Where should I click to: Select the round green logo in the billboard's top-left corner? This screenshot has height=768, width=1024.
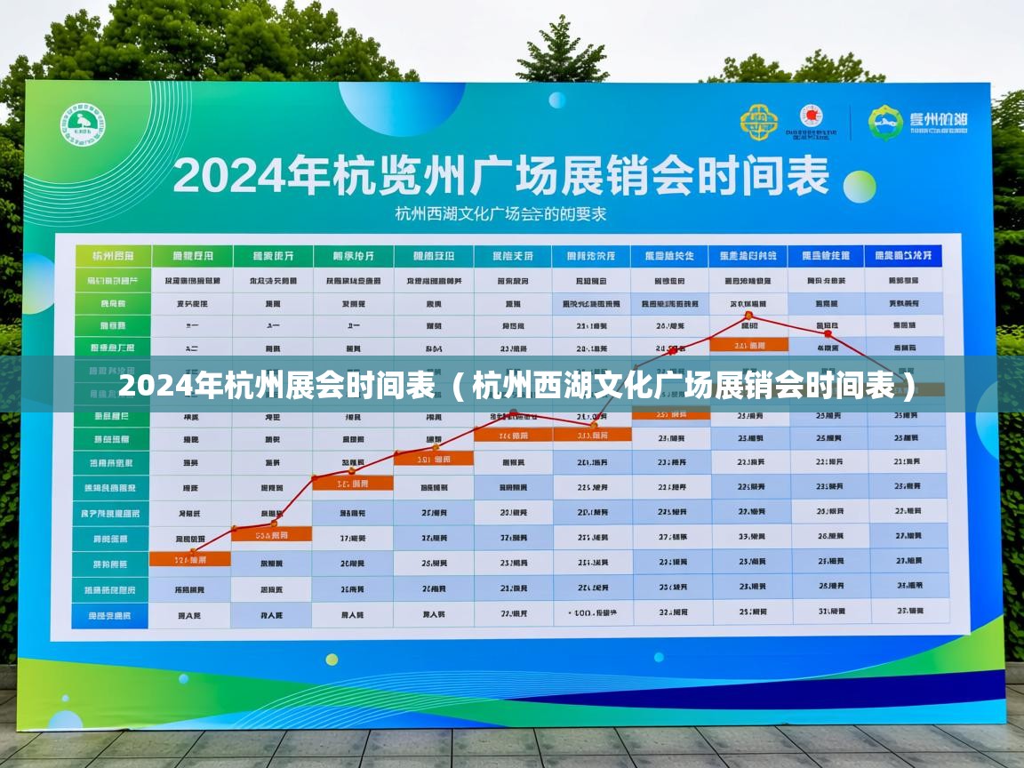tap(83, 125)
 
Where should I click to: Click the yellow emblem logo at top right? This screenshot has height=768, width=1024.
tap(758, 122)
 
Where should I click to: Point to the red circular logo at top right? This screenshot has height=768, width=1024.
tap(811, 116)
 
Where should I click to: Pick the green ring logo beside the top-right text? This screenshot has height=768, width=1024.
tap(885, 123)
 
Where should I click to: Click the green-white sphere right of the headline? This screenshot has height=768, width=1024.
tap(860, 187)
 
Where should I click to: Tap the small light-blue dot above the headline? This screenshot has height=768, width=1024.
tap(557, 100)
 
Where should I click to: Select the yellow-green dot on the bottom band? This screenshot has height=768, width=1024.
tap(332, 659)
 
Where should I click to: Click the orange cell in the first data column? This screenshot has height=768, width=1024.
tap(190, 560)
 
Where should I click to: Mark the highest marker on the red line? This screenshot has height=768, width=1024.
tap(748, 316)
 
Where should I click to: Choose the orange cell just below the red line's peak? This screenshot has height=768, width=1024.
tap(749, 345)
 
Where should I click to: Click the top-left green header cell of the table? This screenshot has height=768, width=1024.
tap(113, 257)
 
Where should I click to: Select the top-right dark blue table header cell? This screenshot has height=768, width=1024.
tap(903, 256)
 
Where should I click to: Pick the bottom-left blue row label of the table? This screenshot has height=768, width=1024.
tap(110, 615)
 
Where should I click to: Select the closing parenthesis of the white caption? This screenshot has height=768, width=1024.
tap(907, 388)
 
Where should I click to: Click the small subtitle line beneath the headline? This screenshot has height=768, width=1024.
tap(500, 214)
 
